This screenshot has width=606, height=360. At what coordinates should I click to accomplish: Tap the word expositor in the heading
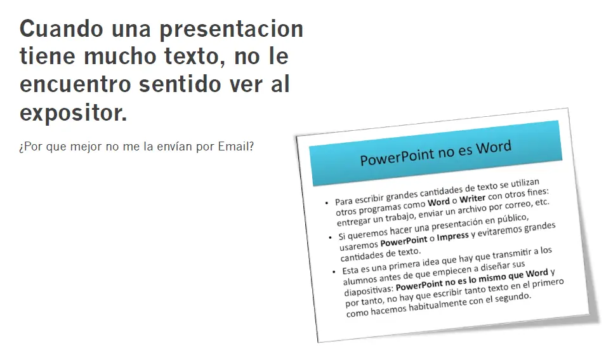(x=73, y=114)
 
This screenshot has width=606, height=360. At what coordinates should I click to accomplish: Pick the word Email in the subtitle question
(x=235, y=147)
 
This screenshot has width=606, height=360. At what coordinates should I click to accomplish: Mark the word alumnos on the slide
(x=359, y=278)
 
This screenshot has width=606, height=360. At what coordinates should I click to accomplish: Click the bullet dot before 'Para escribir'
(x=327, y=203)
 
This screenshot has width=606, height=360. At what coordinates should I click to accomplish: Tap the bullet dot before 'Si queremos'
(x=330, y=238)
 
